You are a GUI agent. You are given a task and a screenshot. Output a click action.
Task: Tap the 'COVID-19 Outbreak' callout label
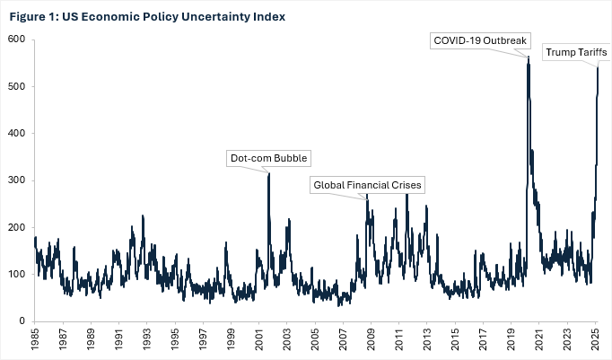[x=482, y=40]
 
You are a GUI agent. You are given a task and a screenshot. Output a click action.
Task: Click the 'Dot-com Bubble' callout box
[x=268, y=158]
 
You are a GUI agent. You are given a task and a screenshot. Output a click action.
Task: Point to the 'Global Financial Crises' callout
[x=366, y=185]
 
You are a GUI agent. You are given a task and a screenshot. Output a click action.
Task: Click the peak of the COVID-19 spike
[x=529, y=57]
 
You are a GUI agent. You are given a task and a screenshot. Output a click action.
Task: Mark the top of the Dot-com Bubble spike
[x=268, y=173]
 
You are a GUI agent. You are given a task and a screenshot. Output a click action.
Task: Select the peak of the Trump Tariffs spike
[x=598, y=67]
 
